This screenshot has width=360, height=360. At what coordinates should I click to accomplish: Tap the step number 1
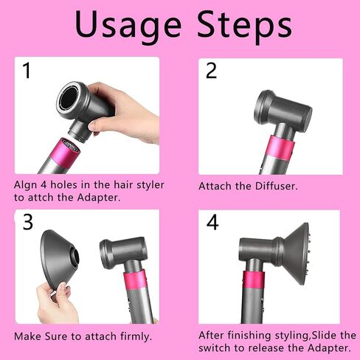point(27,70)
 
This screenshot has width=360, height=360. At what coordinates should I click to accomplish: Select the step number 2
point(211,70)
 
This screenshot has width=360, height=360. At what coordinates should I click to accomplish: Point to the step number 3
point(28,221)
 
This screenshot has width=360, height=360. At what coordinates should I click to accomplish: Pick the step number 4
point(212,222)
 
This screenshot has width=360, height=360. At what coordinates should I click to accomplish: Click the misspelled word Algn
point(25,185)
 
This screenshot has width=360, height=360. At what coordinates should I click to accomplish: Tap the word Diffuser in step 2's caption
point(276,186)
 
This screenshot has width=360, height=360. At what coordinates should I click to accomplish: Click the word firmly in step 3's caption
point(136,336)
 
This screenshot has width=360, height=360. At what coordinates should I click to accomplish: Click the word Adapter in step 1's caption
point(99,198)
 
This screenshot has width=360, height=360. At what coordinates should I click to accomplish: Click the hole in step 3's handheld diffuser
point(75,257)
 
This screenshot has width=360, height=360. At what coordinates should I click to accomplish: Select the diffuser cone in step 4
point(297,254)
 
